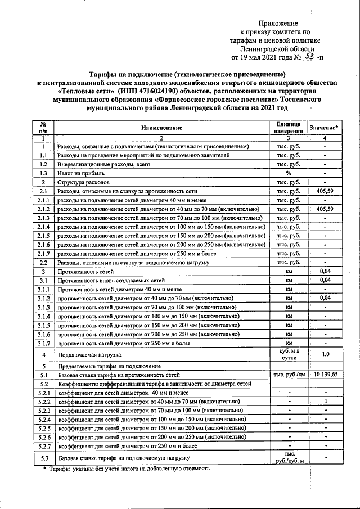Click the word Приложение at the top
coord(277,23)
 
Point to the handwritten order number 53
coord(308,56)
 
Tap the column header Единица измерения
coord(289,128)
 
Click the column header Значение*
coord(324,128)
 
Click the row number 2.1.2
coord(43,209)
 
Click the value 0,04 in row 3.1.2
coord(325,298)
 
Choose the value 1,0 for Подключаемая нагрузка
coord(325,354)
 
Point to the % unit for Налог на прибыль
coord(289,173)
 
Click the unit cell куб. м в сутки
coord(289,354)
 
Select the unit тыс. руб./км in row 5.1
coord(289,374)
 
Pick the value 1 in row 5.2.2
coord(325,402)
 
